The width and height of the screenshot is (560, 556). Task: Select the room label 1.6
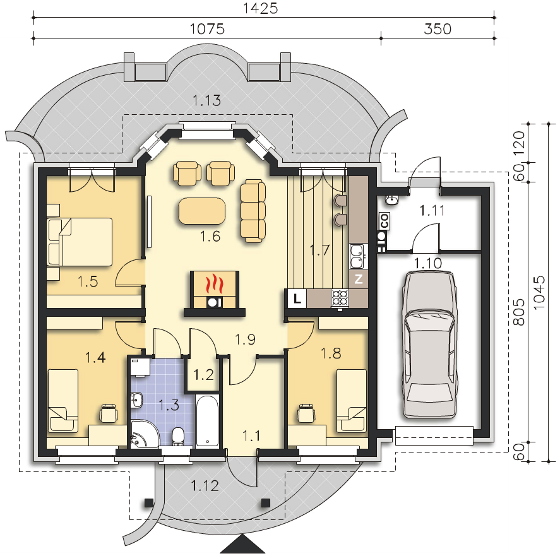click(210, 237)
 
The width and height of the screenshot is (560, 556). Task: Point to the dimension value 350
click(437, 29)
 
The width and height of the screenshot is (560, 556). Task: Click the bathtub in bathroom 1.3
click(207, 421)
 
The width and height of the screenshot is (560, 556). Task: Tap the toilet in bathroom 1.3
click(178, 435)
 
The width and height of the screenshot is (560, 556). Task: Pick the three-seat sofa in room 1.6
click(252, 211)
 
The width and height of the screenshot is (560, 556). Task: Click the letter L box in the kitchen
click(296, 298)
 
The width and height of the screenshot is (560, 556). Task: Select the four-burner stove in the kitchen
click(340, 297)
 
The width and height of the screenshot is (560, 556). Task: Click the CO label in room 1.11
click(383, 221)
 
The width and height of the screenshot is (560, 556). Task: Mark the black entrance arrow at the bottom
click(242, 545)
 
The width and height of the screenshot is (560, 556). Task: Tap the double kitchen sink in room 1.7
click(357, 254)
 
